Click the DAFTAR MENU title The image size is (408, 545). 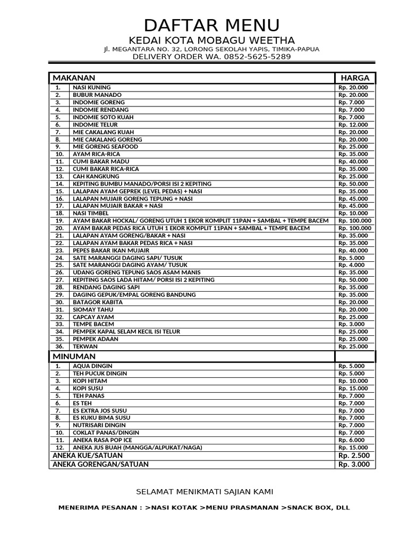coord(211,25)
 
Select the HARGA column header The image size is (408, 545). coord(355,78)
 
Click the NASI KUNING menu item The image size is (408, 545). coord(92,87)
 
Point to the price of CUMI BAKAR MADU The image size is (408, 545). coord(353,161)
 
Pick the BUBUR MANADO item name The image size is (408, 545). coord(97,95)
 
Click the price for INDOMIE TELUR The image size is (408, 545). coord(353,125)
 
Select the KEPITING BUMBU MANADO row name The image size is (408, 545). coord(142,184)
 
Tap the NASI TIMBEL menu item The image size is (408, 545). coord(91,213)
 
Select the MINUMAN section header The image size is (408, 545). coord(74,356)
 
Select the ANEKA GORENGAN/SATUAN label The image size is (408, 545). coord(100,464)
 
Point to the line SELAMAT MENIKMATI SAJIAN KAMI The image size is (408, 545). coord(205,491)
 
